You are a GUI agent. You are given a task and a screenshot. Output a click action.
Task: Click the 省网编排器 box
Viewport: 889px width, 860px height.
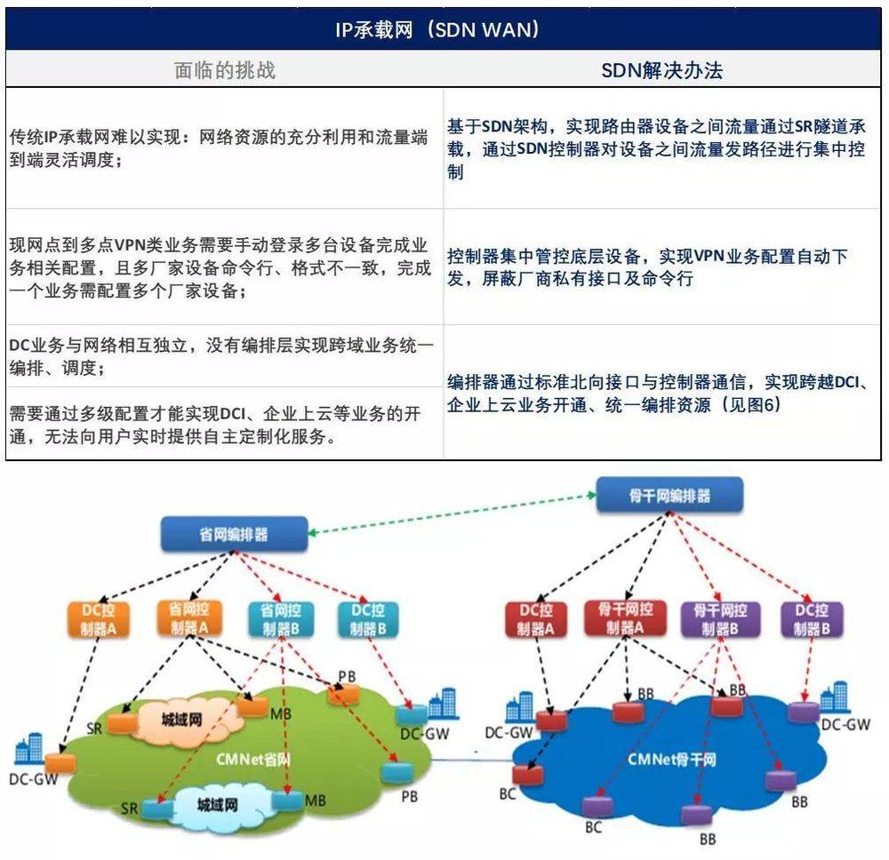point(233,535)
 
